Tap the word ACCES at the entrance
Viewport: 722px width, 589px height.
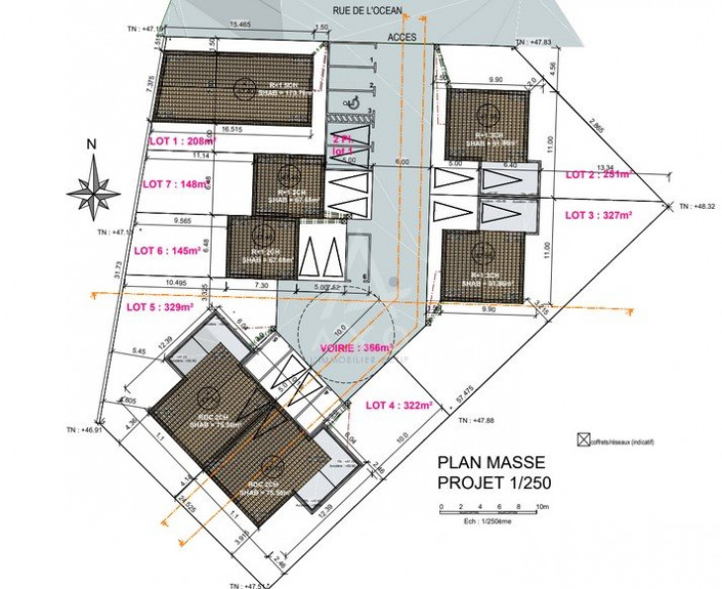pyautogui.click(x=403, y=37)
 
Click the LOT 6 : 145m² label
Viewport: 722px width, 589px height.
pyautogui.click(x=167, y=251)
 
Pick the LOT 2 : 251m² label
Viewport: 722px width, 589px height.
pyautogui.click(x=598, y=174)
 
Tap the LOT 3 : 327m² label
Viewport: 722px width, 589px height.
pyautogui.click(x=598, y=214)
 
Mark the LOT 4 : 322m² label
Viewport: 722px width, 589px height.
pyautogui.click(x=400, y=405)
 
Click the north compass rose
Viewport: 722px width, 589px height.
pyautogui.click(x=91, y=187)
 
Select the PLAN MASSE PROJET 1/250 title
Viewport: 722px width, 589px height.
pyautogui.click(x=494, y=471)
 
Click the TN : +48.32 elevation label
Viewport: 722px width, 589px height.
pyautogui.click(x=696, y=207)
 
